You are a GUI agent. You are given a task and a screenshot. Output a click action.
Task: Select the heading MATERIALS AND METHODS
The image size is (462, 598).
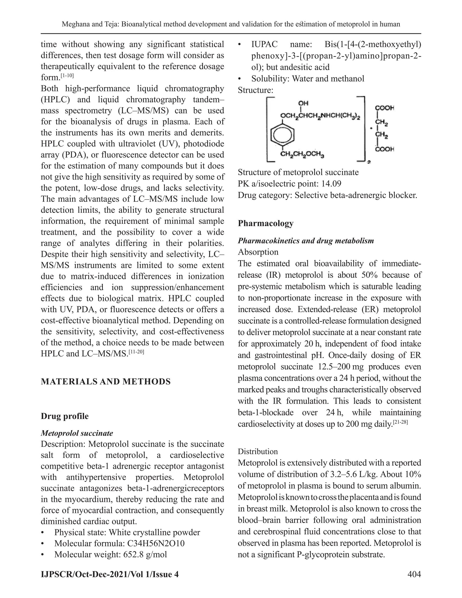point(106,382)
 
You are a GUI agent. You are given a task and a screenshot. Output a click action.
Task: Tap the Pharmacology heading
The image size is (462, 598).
point(265,223)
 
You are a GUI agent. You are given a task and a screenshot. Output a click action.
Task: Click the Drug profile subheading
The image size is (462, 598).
point(65,416)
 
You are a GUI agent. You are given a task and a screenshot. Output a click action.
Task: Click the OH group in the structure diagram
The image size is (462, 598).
point(303,103)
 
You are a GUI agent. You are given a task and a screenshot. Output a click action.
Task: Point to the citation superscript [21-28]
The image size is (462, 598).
point(400,422)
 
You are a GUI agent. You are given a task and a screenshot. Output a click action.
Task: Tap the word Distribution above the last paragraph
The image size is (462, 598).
point(258,452)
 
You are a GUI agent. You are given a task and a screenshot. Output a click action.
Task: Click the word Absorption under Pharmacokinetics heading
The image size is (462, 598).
point(258,252)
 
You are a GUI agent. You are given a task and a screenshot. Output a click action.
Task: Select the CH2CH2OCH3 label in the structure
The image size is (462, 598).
point(302,155)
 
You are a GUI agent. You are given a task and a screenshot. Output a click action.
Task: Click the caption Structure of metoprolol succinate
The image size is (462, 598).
point(298,172)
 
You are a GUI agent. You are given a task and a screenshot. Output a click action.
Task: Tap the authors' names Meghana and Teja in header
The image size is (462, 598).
point(90,24)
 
